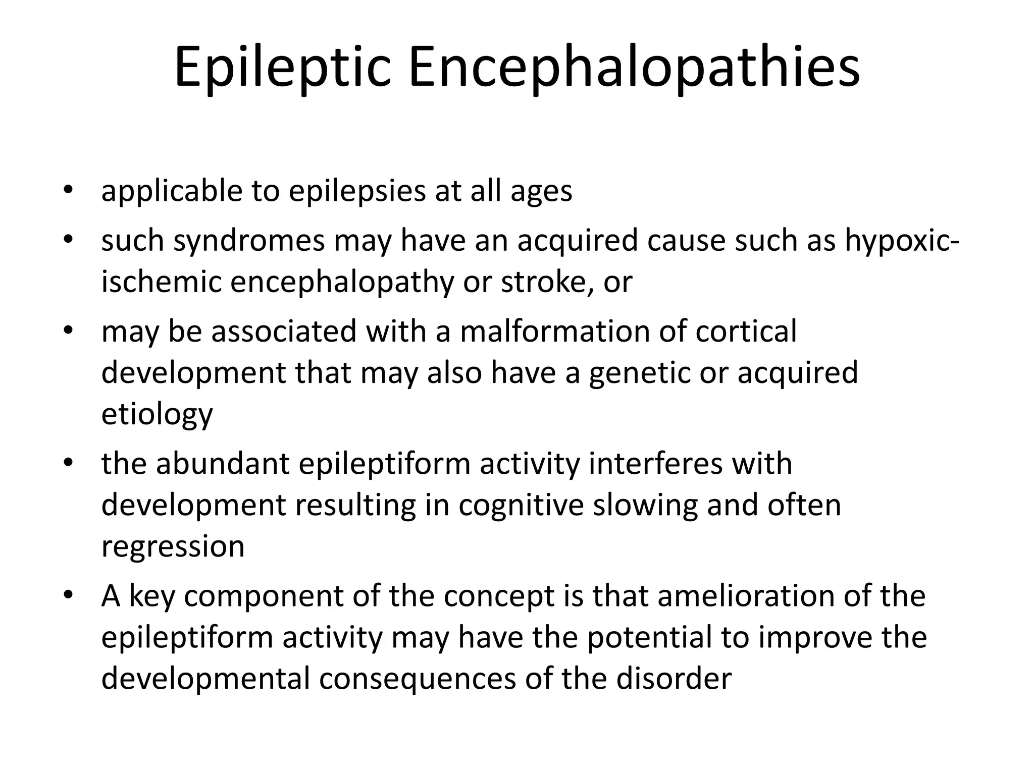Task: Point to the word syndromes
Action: coord(249,241)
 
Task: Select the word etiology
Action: coord(157,414)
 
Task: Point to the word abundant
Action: coord(223,464)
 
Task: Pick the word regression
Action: coord(173,546)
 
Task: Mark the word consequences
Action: coord(417,679)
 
